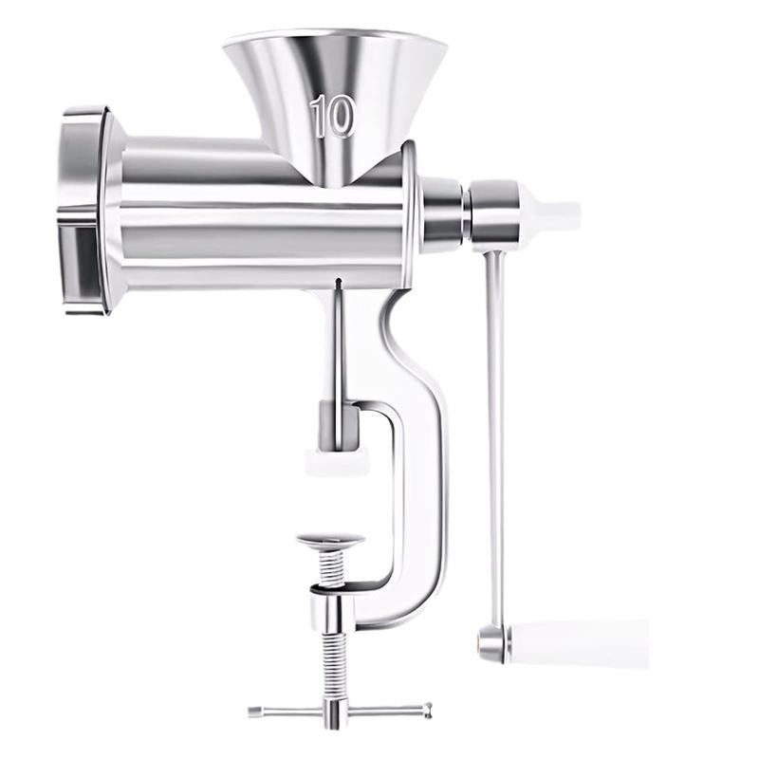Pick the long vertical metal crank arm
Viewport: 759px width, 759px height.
[494, 427]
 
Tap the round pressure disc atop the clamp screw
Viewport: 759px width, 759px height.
[329, 542]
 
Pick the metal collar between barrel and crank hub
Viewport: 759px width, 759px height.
[442, 211]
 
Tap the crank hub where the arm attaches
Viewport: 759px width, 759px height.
[493, 213]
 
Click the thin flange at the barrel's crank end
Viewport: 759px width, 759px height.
[410, 213]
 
